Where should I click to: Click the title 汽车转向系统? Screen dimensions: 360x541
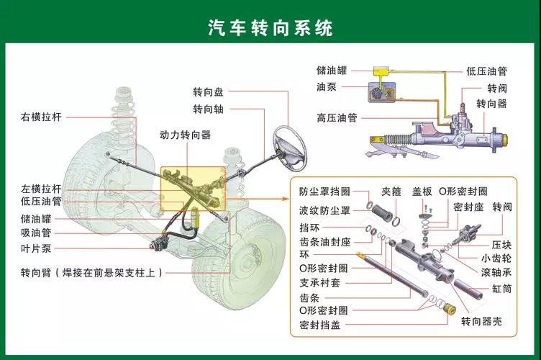270,27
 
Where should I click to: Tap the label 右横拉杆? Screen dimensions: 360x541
42,116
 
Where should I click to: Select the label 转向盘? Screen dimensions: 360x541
208,92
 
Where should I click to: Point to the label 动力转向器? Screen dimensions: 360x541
185,135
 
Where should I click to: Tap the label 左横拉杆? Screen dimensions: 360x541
42,188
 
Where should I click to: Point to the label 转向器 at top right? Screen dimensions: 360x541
492,104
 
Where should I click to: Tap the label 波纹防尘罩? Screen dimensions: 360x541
324,210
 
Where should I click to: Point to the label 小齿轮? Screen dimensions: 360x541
496,258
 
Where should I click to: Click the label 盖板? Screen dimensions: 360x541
422,192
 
